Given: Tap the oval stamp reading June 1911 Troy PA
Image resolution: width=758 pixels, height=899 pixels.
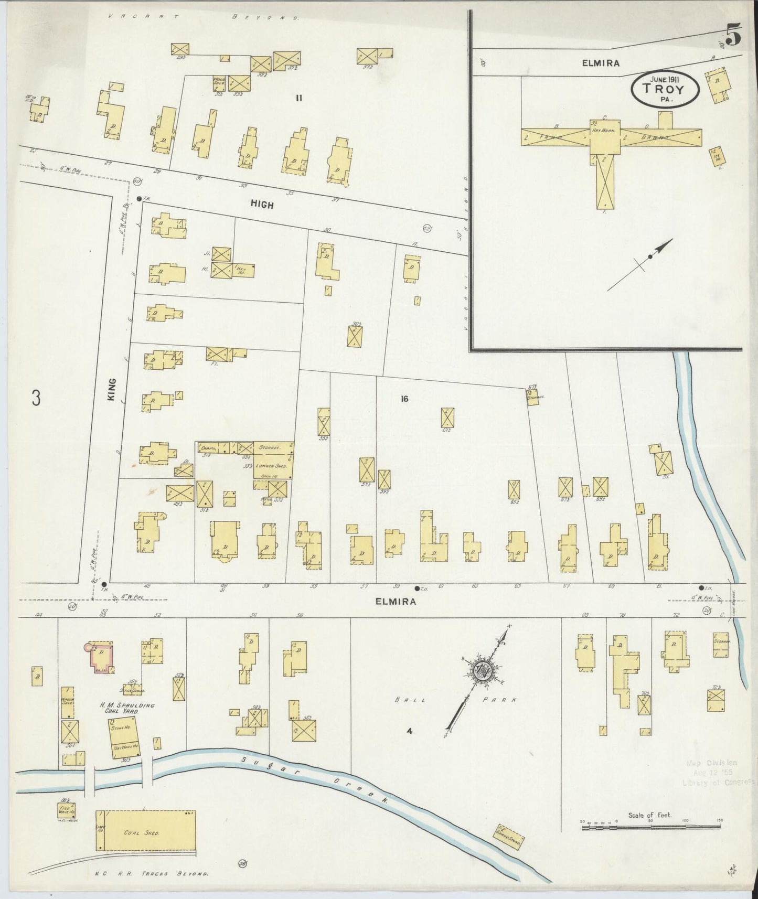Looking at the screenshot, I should click(x=665, y=89).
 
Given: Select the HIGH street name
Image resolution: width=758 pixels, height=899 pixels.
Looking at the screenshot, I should click(x=262, y=205).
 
